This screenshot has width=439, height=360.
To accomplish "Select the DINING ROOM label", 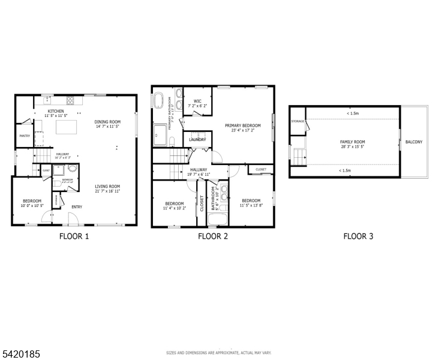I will coord(107,122).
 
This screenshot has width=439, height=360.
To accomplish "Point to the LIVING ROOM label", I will coord(107,186).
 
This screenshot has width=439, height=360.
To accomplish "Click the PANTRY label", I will coord(25,136).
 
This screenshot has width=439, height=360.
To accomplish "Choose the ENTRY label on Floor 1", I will coord(77,207).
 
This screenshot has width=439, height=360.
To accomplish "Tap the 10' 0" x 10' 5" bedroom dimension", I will coord(32,206).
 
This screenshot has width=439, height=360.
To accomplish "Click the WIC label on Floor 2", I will coord(197,101).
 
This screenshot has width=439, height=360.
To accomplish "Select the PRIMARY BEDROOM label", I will coord(243,125).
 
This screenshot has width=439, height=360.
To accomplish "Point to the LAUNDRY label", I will coord(197,140).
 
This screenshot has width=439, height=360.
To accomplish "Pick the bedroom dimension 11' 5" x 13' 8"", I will coord(251,205).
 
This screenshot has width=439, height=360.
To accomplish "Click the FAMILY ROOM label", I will coord(353,142).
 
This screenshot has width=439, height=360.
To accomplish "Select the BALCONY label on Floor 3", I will coord(414,142).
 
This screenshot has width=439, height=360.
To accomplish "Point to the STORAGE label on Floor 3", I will coord(297,122).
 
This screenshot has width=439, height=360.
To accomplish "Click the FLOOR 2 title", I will coord(213,236).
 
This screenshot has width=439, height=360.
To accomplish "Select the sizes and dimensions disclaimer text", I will coord(219,353).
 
